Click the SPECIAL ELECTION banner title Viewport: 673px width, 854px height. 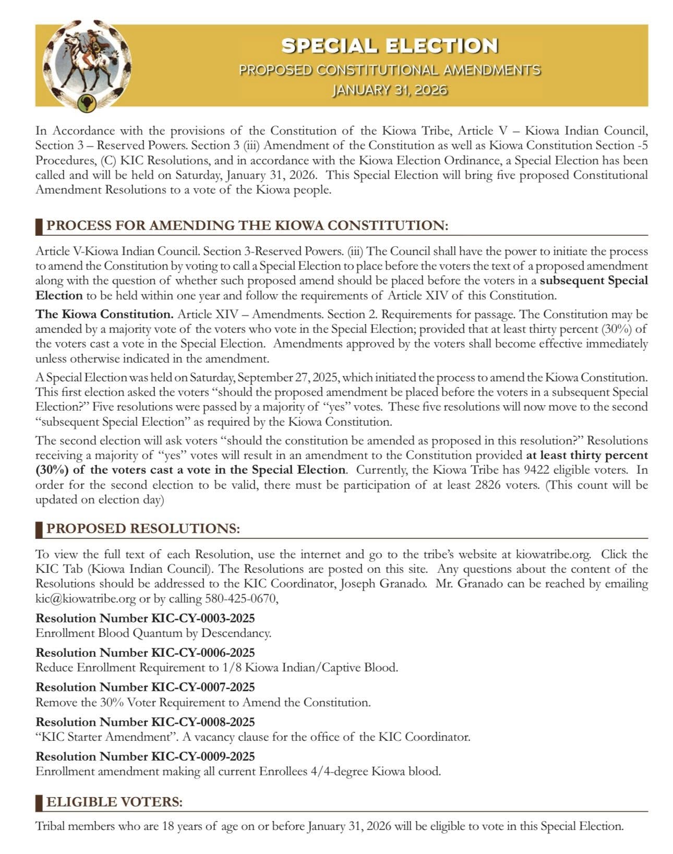point(390,46)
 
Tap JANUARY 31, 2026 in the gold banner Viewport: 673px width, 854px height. point(390,90)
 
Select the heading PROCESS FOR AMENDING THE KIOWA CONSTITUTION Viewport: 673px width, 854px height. point(247,225)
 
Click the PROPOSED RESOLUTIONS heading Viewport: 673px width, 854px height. point(143,528)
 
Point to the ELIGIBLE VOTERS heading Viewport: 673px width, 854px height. point(115,802)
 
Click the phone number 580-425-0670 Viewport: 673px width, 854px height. point(240,598)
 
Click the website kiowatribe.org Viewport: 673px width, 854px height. point(553,554)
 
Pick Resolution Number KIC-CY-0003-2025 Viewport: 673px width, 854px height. point(145,618)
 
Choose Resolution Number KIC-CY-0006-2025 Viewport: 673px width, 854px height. point(145,653)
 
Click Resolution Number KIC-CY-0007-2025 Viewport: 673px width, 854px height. point(145,687)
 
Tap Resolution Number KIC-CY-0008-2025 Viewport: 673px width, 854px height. point(145,722)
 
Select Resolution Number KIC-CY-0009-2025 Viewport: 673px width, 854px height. point(145,756)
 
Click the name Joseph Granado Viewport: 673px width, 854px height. point(383,584)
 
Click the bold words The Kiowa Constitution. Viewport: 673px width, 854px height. point(104,314)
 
